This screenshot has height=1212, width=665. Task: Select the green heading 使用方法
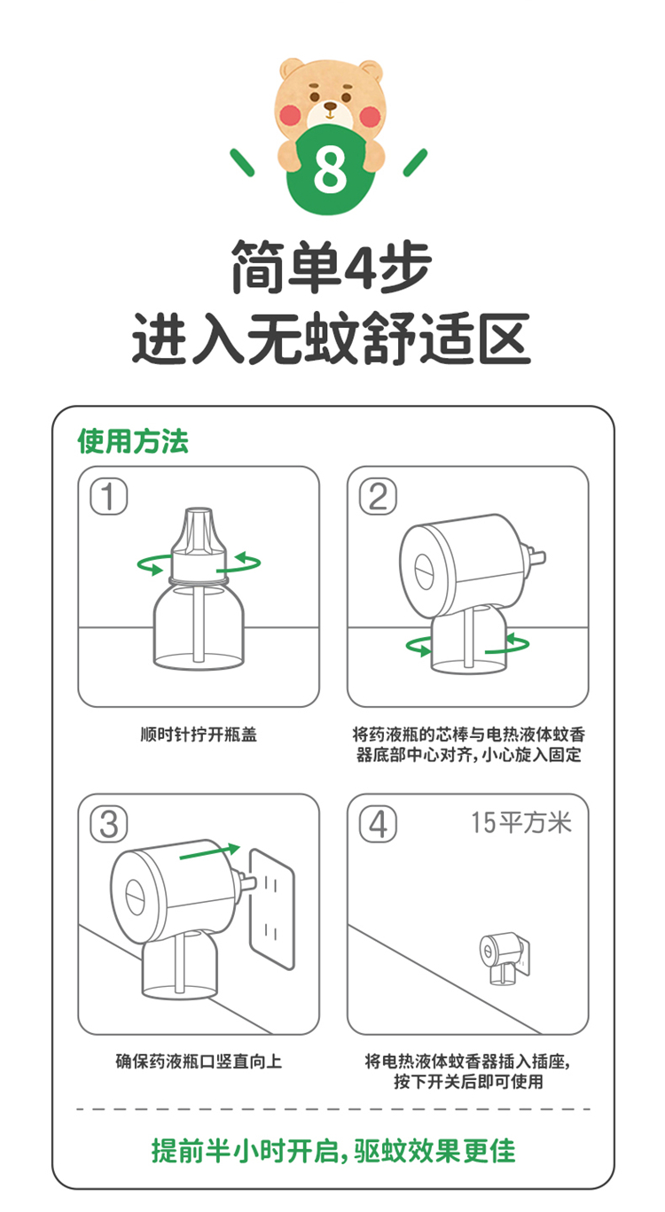pyautogui.click(x=133, y=440)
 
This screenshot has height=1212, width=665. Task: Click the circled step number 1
pyautogui.click(x=109, y=497)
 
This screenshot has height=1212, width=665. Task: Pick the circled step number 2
pyautogui.click(x=378, y=497)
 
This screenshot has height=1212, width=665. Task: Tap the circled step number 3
pyautogui.click(x=109, y=824)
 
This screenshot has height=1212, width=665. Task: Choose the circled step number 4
pyautogui.click(x=378, y=824)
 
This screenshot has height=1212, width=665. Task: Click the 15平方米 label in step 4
pyautogui.click(x=521, y=822)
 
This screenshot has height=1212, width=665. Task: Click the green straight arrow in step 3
pyautogui.click(x=209, y=851)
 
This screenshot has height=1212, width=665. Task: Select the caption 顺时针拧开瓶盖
pyautogui.click(x=199, y=734)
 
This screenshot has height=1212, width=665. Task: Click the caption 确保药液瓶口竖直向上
pyautogui.click(x=199, y=1060)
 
